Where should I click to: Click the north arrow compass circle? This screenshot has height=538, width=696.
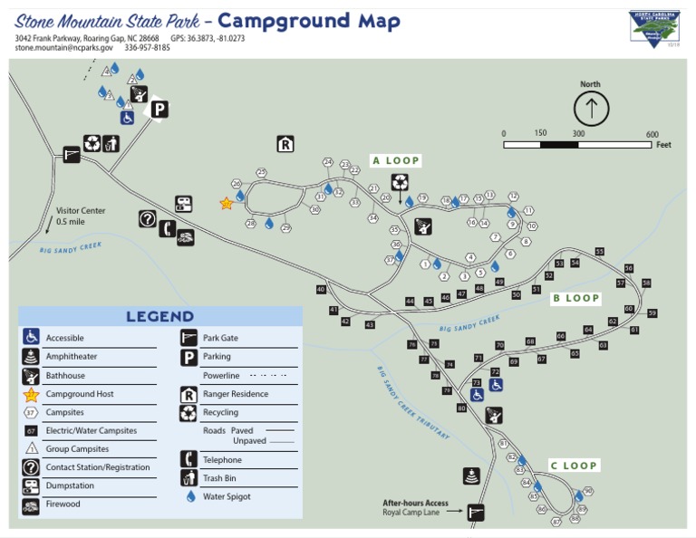point(591,109)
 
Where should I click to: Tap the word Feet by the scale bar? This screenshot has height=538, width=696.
point(663,145)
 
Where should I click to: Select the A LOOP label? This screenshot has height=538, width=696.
point(396,161)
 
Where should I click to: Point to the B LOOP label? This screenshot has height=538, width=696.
point(576,298)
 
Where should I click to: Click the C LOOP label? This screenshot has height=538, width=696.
point(574,466)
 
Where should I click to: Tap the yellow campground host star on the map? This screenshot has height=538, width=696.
point(226,204)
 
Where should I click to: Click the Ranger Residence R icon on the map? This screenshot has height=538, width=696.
point(285,144)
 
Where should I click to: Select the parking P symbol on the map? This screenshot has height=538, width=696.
point(159,110)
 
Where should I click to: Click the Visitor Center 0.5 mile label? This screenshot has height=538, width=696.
point(81,216)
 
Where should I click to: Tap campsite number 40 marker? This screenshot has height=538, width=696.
point(320,290)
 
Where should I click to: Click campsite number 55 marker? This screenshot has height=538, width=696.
point(599,252)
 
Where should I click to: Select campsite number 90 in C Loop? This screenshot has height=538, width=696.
point(588,491)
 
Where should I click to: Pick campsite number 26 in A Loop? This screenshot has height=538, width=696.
point(236,183)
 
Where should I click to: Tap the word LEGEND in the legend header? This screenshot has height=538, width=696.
point(159,316)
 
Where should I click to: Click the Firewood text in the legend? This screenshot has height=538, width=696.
point(63,504)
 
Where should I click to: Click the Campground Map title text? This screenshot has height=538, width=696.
point(309,21)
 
